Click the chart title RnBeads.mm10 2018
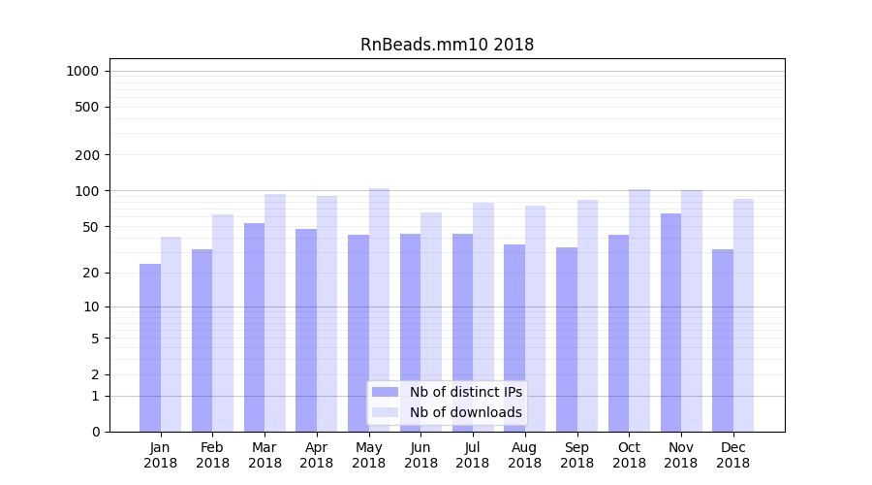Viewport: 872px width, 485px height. click(447, 45)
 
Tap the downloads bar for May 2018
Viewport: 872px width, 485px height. click(379, 309)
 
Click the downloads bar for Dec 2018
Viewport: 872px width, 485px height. click(743, 315)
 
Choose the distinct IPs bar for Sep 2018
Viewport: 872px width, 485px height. click(567, 339)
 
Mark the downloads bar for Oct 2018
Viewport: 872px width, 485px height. click(639, 310)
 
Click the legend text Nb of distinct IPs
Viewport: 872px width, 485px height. click(465, 392)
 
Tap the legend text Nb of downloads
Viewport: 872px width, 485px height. click(465, 412)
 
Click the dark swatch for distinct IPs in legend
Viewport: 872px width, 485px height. click(386, 392)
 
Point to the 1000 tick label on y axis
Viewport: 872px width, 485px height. click(82, 71)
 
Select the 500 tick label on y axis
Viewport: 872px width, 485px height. click(87, 107)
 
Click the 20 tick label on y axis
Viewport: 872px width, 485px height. click(90, 273)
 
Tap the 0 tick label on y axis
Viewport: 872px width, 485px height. click(95, 432)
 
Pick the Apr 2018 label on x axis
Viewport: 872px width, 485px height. click(317, 455)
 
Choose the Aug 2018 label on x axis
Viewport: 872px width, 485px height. click(525, 455)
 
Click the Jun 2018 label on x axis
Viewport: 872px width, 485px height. click(420, 455)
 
